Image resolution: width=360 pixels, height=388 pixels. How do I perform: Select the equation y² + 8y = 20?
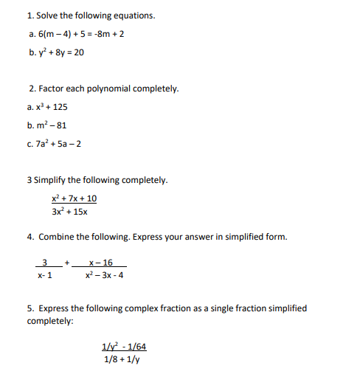[61, 52]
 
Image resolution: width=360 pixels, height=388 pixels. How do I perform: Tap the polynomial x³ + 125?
[52, 107]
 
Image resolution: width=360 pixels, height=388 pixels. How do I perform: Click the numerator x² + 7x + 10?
[74, 198]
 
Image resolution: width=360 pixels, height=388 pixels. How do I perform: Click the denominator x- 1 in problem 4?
[45, 276]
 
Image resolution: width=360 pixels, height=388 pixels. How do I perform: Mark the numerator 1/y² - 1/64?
[124, 346]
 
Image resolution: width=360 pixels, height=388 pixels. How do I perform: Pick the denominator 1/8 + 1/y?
[122, 360]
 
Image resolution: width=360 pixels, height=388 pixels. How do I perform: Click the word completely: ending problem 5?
[50, 322]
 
